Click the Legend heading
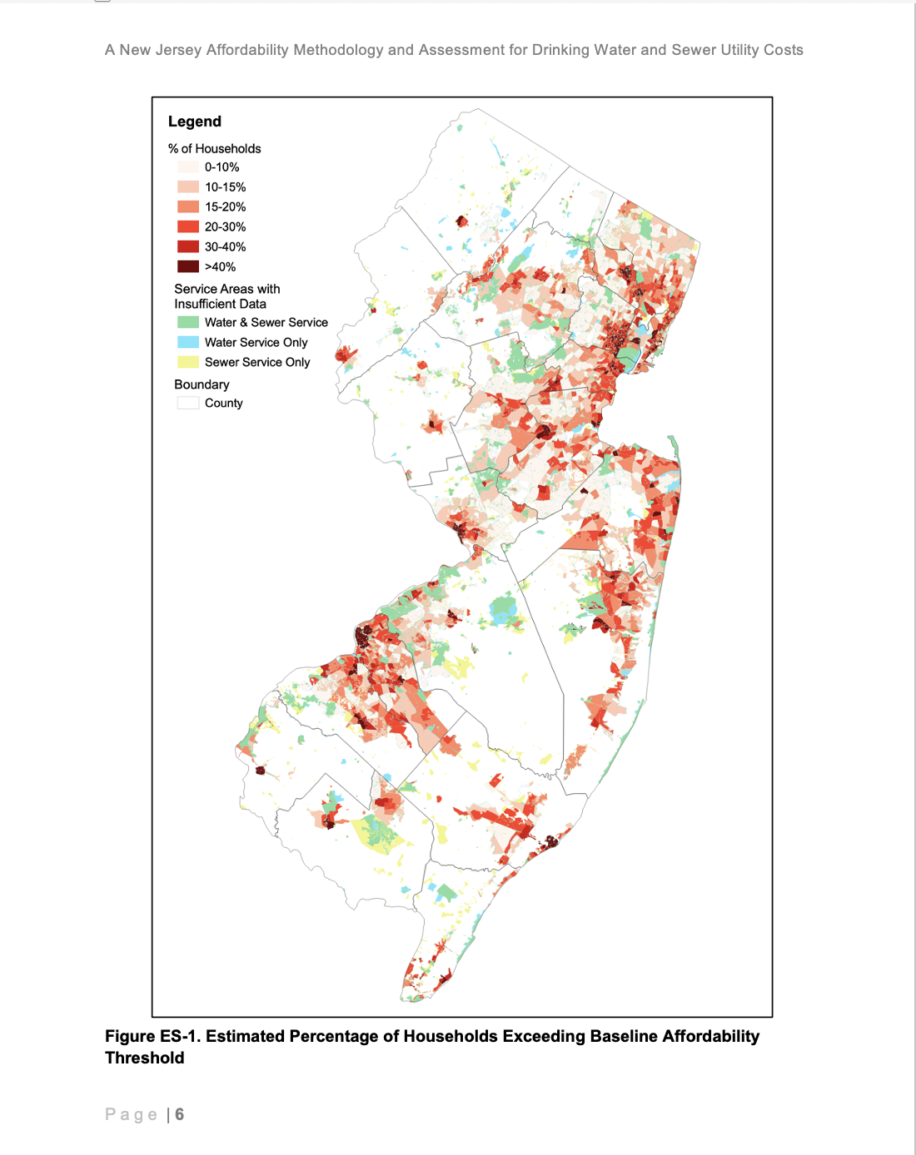pos(194,121)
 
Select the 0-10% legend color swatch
pos(187,167)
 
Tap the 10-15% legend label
pos(225,187)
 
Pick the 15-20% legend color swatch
pos(187,207)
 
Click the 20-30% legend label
pos(225,227)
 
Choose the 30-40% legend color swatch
pos(187,247)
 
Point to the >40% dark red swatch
pos(187,267)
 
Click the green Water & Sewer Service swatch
pos(187,322)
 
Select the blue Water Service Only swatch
pos(187,342)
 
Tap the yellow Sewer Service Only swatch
pos(187,362)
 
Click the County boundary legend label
pos(223,403)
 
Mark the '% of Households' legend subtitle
pos(214,149)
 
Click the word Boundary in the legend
pos(202,384)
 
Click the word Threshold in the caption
pos(144,1058)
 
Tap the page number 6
pos(179,1114)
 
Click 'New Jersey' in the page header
pos(160,50)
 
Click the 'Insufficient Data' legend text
pos(220,304)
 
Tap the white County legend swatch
pos(187,403)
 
